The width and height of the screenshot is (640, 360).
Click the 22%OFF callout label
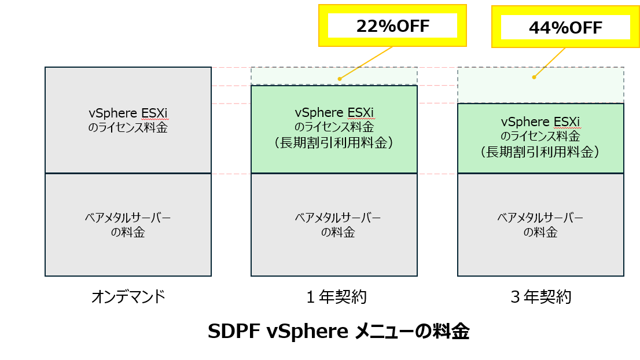(x=392, y=26)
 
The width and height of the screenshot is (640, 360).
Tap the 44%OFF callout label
(x=565, y=27)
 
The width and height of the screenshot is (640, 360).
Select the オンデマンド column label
(x=128, y=297)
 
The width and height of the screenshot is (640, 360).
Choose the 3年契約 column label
(x=541, y=297)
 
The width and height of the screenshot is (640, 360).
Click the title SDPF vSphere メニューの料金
(x=338, y=332)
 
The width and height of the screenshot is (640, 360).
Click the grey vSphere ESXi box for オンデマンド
(x=128, y=120)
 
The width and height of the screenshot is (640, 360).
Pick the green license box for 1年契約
(x=334, y=128)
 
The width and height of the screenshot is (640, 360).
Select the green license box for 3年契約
(x=540, y=138)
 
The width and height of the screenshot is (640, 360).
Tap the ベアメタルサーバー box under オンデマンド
(x=128, y=225)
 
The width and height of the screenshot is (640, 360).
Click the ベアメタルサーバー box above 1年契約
(x=334, y=225)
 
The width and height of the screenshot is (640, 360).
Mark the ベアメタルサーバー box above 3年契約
(x=540, y=225)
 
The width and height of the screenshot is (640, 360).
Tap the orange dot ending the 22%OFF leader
(x=340, y=79)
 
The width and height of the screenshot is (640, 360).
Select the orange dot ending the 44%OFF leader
(x=534, y=77)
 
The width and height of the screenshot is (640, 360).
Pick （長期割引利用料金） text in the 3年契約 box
(x=540, y=152)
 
